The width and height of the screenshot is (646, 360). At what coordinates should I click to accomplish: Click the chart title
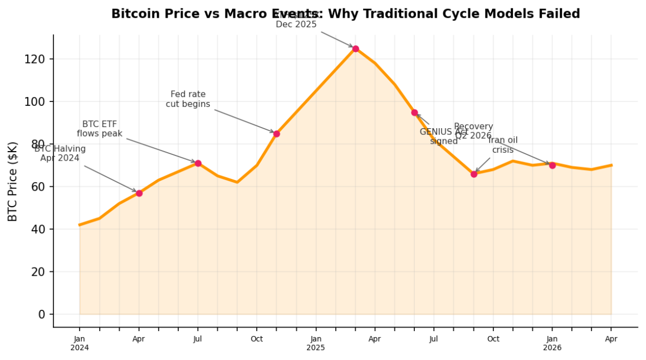point(345,14)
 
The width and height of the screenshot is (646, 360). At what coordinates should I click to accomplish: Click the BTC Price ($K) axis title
point(13,182)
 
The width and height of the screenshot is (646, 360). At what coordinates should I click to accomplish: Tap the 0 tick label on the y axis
point(42,315)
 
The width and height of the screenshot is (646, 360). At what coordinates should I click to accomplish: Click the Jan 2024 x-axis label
point(80,343)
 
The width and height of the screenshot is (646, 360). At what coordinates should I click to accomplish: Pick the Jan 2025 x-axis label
point(316,343)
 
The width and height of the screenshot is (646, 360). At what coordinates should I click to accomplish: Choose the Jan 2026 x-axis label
point(552,343)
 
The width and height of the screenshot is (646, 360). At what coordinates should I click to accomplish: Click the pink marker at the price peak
point(355,48)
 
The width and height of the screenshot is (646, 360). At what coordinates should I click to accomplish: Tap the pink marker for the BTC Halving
point(139,193)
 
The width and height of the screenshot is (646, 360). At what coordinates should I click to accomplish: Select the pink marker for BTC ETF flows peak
point(198,163)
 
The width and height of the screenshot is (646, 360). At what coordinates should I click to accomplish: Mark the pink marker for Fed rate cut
point(276,134)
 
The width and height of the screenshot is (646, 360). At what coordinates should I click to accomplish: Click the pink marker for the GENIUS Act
point(414,113)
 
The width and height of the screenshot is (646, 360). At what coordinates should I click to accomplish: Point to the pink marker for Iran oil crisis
point(474,174)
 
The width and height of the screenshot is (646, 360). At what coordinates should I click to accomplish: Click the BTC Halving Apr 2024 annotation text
point(60,154)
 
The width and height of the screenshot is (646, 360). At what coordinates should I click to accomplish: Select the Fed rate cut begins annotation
point(188,100)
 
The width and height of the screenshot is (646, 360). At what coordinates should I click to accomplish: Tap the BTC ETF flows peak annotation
point(100,129)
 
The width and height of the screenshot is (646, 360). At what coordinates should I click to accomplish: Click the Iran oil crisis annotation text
point(503,145)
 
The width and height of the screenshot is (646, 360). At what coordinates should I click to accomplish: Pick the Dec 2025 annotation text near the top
point(296,24)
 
